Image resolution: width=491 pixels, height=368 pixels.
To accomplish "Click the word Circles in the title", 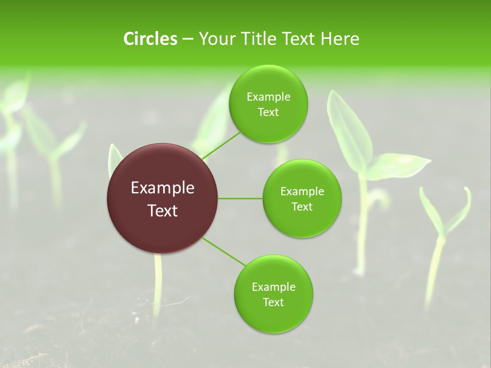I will pos(150,39).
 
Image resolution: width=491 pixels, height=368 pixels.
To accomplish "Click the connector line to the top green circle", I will pos(221,146).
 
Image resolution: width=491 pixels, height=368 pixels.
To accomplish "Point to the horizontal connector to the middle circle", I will pos(240,198).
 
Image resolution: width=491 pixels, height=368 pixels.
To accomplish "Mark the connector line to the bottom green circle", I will pos(224,251).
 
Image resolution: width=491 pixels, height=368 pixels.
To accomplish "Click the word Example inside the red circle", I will pos(162,188).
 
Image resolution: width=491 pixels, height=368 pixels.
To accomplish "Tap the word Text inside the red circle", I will pos(162,211).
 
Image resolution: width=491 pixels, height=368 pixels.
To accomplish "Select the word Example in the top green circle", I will pos(269,97).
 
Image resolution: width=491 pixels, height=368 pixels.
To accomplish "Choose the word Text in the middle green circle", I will pos(302,207).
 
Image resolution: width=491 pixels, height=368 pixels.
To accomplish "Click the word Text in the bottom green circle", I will pos(273,303).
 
